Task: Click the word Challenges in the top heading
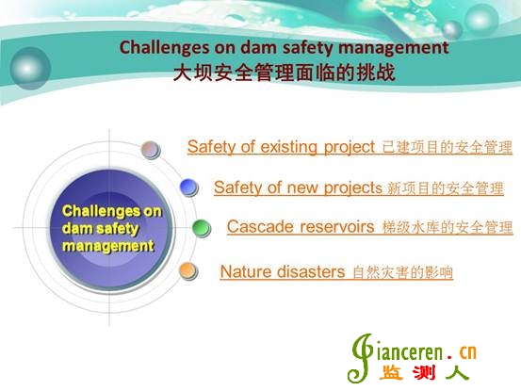pyautogui.click(x=165, y=47)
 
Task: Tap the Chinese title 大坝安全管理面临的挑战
pyautogui.click(x=285, y=73)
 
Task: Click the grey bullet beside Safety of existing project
pyautogui.click(x=151, y=150)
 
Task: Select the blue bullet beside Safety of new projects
pyautogui.click(x=189, y=187)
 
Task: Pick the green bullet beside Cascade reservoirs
pyautogui.click(x=202, y=228)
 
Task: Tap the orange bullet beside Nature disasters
pyautogui.click(x=188, y=271)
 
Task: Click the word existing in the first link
pyautogui.click(x=288, y=147)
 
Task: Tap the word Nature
pyautogui.click(x=246, y=271)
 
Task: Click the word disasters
pyautogui.click(x=311, y=271)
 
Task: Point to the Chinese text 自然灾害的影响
pyautogui.click(x=402, y=272)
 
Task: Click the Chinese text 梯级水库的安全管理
pyautogui.click(x=448, y=227)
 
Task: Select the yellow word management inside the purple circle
pyautogui.click(x=108, y=246)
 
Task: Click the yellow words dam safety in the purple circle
pyautogui.click(x=100, y=229)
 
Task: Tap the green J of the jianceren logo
pyautogui.click(x=360, y=358)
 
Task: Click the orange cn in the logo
pyautogui.click(x=468, y=352)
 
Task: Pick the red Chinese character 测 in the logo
pyautogui.click(x=424, y=373)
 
